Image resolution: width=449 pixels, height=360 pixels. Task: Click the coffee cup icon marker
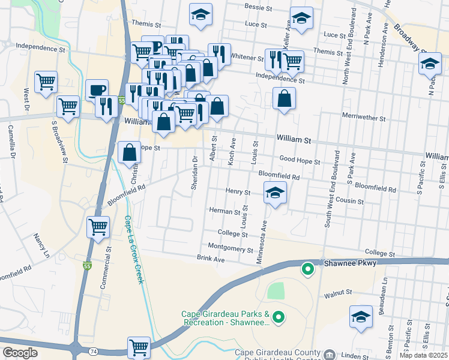tap(97, 91)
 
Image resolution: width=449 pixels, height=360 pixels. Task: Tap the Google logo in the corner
tap(20, 353)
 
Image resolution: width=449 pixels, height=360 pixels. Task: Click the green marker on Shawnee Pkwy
tap(307, 270)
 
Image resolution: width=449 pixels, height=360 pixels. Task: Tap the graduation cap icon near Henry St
tap(275, 193)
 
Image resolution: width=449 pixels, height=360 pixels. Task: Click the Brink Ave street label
tap(210, 259)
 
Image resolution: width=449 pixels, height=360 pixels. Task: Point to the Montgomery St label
tap(230, 247)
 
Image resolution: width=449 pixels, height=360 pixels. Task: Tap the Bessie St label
tap(259, 7)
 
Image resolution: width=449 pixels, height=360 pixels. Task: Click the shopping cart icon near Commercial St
tap(98, 227)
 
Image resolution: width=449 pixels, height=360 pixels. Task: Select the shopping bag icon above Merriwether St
tap(284, 98)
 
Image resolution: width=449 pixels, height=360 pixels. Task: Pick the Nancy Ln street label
tap(41, 246)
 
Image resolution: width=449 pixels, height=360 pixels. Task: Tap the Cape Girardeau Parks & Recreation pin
tap(278, 316)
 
